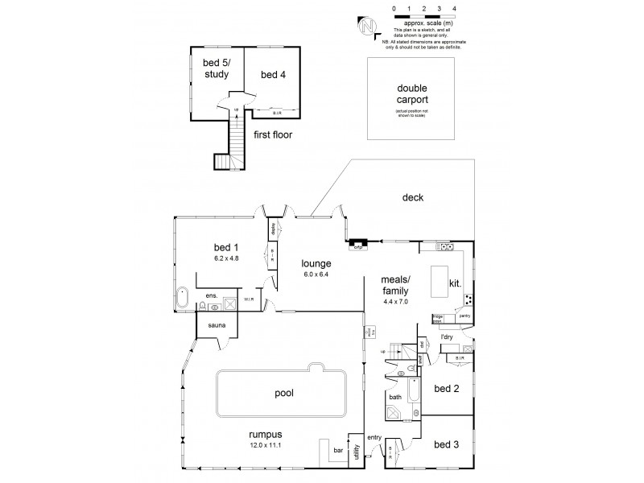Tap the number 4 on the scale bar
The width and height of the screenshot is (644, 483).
tap(455, 8)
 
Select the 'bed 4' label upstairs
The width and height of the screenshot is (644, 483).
tap(272, 75)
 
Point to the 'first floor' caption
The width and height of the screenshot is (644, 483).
tap(272, 135)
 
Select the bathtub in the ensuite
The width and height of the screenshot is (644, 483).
tap(183, 299)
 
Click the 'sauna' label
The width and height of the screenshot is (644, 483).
tap(217, 325)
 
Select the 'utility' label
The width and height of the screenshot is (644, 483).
tap(355, 450)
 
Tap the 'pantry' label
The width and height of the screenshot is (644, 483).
tap(464, 316)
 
